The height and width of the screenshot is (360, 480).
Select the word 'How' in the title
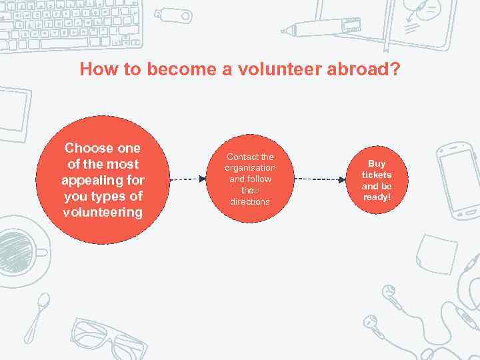click(x=97, y=69)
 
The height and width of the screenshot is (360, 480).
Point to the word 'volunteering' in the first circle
click(x=102, y=213)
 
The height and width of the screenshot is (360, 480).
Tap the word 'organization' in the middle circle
click(x=250, y=168)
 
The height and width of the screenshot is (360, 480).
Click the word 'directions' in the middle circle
click(x=250, y=201)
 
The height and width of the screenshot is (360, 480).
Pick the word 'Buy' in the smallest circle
click(x=377, y=163)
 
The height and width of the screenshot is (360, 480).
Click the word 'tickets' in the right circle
click(x=377, y=175)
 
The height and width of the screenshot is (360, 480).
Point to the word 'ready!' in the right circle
click(x=377, y=197)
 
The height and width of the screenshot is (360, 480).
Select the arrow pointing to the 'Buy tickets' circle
click(x=319, y=179)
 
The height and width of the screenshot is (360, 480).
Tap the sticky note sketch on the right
click(x=436, y=254)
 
